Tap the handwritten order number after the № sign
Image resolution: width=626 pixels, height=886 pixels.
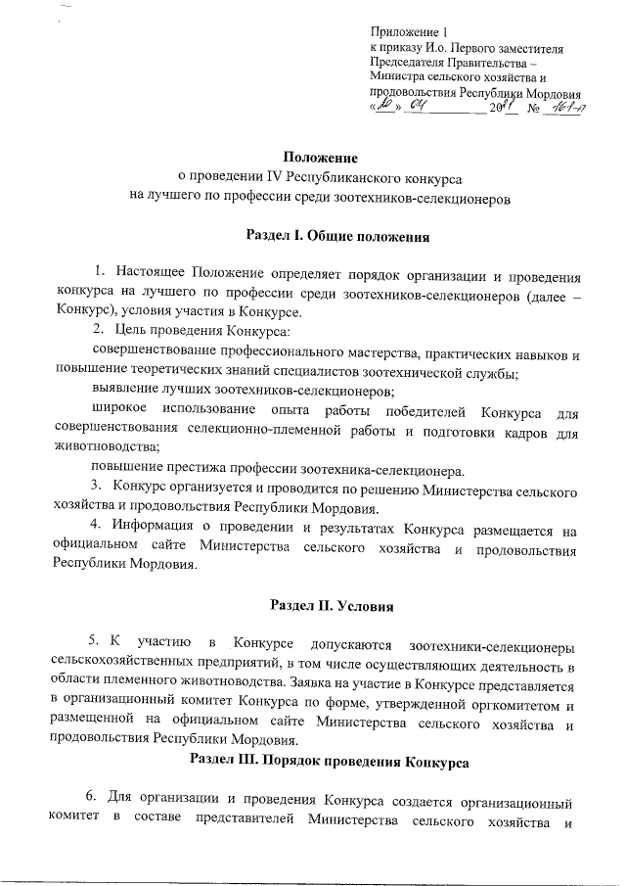click(x=563, y=108)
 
